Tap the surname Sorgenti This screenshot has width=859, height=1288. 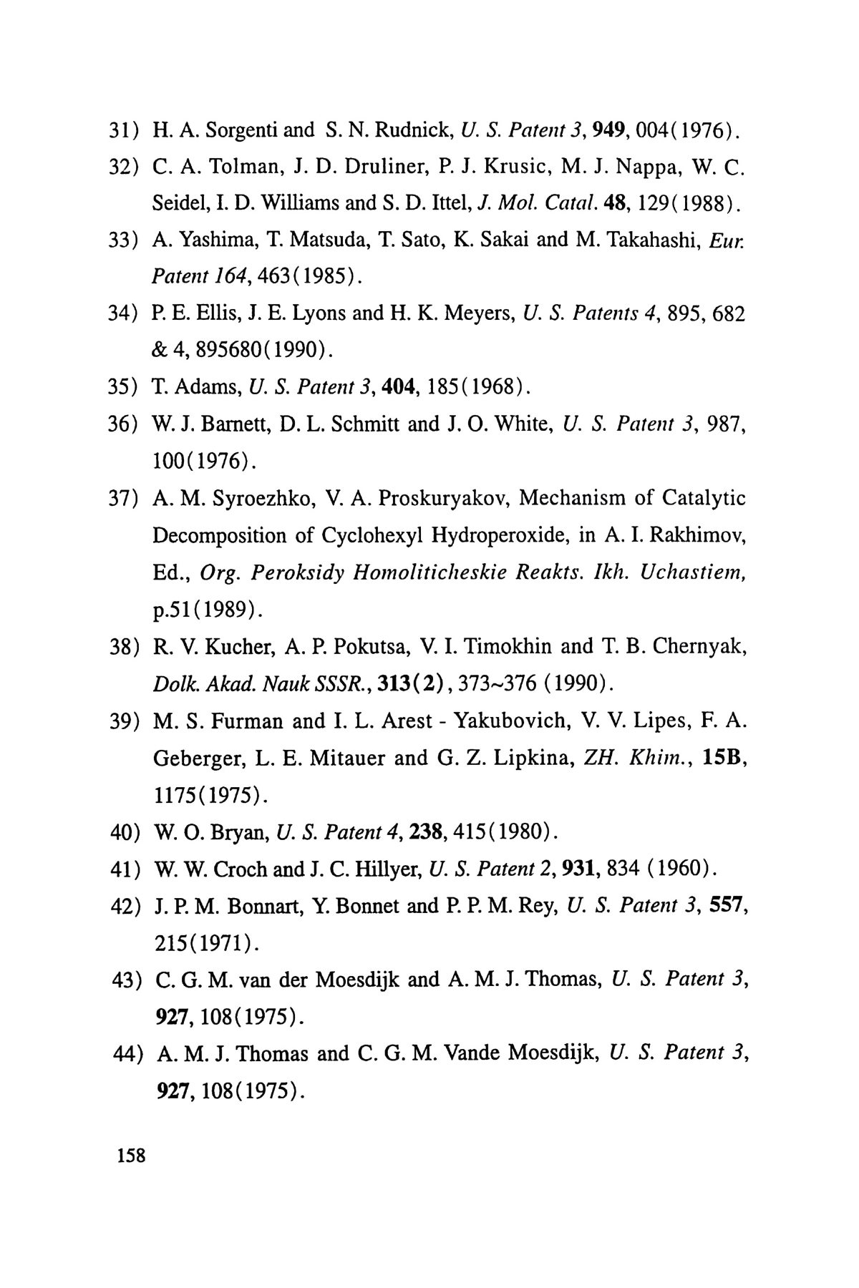[x=238, y=130]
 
